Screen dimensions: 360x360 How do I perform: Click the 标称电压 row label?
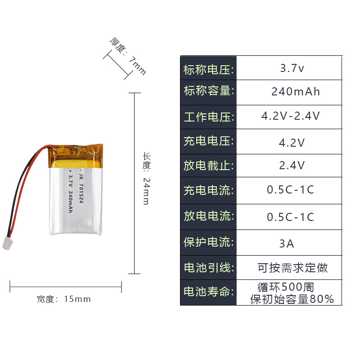coord(208,70)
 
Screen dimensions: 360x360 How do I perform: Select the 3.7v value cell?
coord(292,69)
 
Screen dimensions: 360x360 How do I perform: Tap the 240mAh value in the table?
coord(296,92)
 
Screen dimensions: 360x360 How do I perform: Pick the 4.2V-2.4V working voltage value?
coord(291,116)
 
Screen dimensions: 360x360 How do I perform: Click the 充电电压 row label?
coord(208,141)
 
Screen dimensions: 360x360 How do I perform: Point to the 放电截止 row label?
coord(208,166)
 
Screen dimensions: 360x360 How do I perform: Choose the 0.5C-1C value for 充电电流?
coord(291,190)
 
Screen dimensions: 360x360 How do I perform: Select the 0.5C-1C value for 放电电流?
coord(291,217)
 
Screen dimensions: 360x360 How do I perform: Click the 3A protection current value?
coord(287,244)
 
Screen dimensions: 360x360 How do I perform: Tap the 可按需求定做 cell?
coord(292,268)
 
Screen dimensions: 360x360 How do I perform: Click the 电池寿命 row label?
coord(208,292)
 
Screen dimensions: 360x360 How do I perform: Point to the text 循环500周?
coord(286,287)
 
